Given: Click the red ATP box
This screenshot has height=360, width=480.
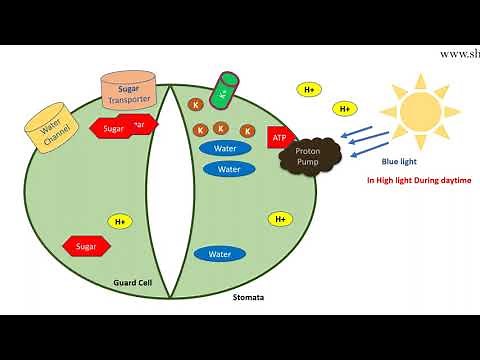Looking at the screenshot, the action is coord(279,136).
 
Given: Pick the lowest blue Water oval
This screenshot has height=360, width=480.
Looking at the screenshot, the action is coord(220,254).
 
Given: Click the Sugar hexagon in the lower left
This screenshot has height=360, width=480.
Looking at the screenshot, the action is coord(86,245).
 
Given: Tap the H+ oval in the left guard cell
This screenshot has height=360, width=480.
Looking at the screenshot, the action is coord(121,221).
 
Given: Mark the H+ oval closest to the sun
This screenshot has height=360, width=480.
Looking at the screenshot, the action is coord(345,108).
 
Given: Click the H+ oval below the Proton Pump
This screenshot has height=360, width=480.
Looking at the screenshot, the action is coord(280,218).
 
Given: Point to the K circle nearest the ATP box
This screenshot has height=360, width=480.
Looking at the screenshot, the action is coord(243,129).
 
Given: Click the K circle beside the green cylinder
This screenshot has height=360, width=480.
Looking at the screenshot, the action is coord(196,104).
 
